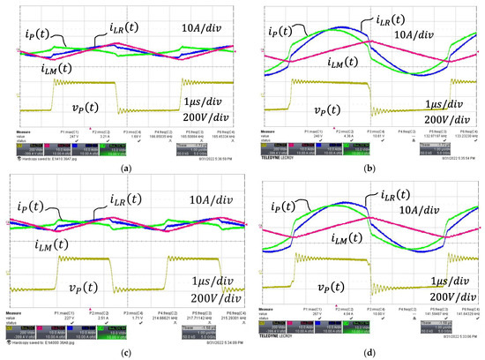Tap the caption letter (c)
pyautogui.click(x=123, y=351)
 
